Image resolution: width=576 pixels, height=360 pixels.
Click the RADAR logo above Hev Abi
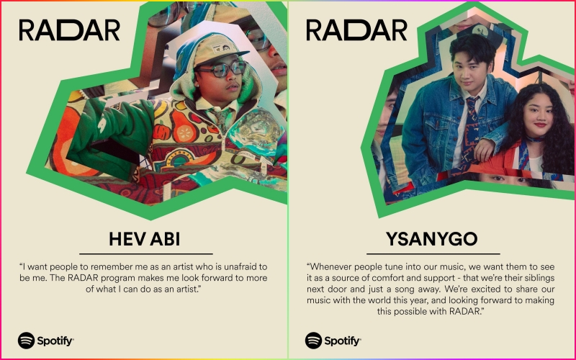click(69, 30)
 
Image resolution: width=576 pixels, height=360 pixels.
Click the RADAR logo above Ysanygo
click(356, 30)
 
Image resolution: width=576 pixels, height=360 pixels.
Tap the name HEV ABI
click(145, 238)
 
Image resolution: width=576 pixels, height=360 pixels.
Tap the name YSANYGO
click(433, 238)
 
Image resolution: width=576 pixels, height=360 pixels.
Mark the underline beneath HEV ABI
click(145, 253)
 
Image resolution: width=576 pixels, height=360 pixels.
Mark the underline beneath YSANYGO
click(433, 253)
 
